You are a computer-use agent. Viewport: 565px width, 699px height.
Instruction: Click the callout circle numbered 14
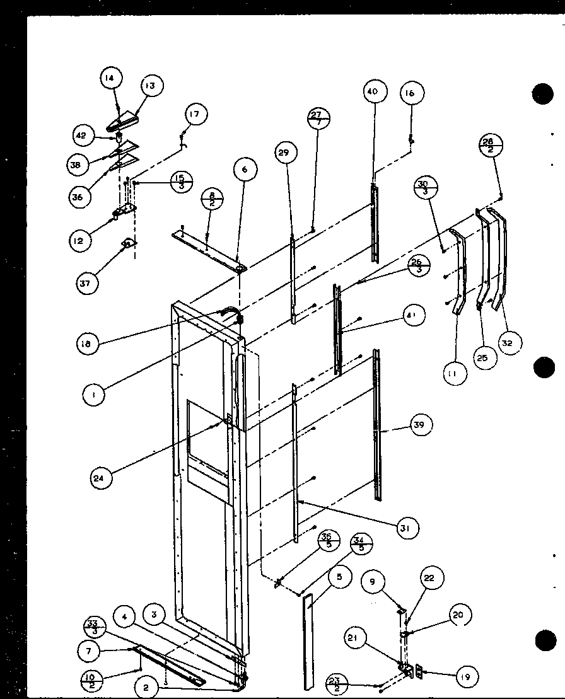[x=111, y=79]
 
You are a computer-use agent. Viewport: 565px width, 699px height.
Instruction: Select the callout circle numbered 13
[x=151, y=86]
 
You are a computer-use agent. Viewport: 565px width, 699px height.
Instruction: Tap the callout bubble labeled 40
[x=373, y=91]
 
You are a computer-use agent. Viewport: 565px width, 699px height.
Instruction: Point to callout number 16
[x=411, y=94]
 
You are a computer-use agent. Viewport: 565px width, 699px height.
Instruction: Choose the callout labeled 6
[x=245, y=169]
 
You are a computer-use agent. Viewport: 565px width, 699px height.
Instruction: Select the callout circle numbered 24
[x=103, y=478]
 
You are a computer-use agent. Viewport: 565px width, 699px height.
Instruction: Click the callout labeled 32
[x=510, y=342]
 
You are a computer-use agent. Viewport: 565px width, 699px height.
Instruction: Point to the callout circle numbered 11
[x=454, y=374]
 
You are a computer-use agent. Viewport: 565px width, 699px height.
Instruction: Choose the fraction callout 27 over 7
[x=319, y=118]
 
